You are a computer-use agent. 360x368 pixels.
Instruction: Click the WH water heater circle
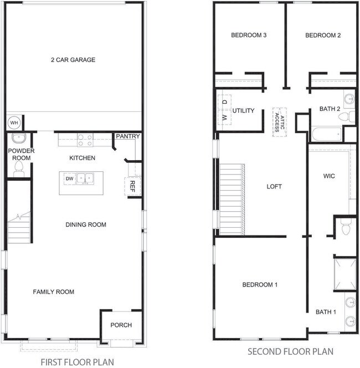pyautogui.click(x=14, y=122)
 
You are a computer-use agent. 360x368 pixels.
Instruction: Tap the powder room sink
pyautogui.click(x=18, y=138)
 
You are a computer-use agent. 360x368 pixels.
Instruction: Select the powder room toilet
pyautogui.click(x=19, y=168)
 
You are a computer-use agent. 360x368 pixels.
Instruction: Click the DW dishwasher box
pyautogui.click(x=70, y=179)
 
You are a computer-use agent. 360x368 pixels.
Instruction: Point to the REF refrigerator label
pyautogui.click(x=132, y=187)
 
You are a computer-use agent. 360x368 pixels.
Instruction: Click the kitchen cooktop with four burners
pyautogui.click(x=85, y=140)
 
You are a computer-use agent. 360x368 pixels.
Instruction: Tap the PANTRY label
pyautogui.click(x=128, y=136)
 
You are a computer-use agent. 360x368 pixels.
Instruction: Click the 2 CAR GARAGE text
pyautogui.click(x=73, y=60)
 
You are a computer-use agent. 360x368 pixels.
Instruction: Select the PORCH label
pyautogui.click(x=121, y=325)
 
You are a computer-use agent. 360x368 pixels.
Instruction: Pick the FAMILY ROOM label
pyautogui.click(x=54, y=292)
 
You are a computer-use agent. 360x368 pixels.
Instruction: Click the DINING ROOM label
pyautogui.click(x=86, y=224)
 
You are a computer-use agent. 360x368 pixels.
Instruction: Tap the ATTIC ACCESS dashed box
pyautogui.click(x=280, y=122)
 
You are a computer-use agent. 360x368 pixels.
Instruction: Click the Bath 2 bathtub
pyautogui.click(x=327, y=134)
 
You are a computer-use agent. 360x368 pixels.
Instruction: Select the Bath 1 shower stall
pyautogui.click(x=344, y=274)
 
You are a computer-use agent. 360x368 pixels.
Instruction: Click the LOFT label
pyautogui.click(x=274, y=187)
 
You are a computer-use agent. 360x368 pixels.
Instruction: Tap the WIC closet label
pyautogui.click(x=329, y=176)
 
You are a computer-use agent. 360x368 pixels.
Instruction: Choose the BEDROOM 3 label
pyautogui.click(x=249, y=35)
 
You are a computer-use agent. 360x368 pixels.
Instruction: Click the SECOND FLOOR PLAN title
pyautogui.click(x=291, y=351)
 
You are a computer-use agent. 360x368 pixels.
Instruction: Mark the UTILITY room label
pyautogui.click(x=244, y=110)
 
